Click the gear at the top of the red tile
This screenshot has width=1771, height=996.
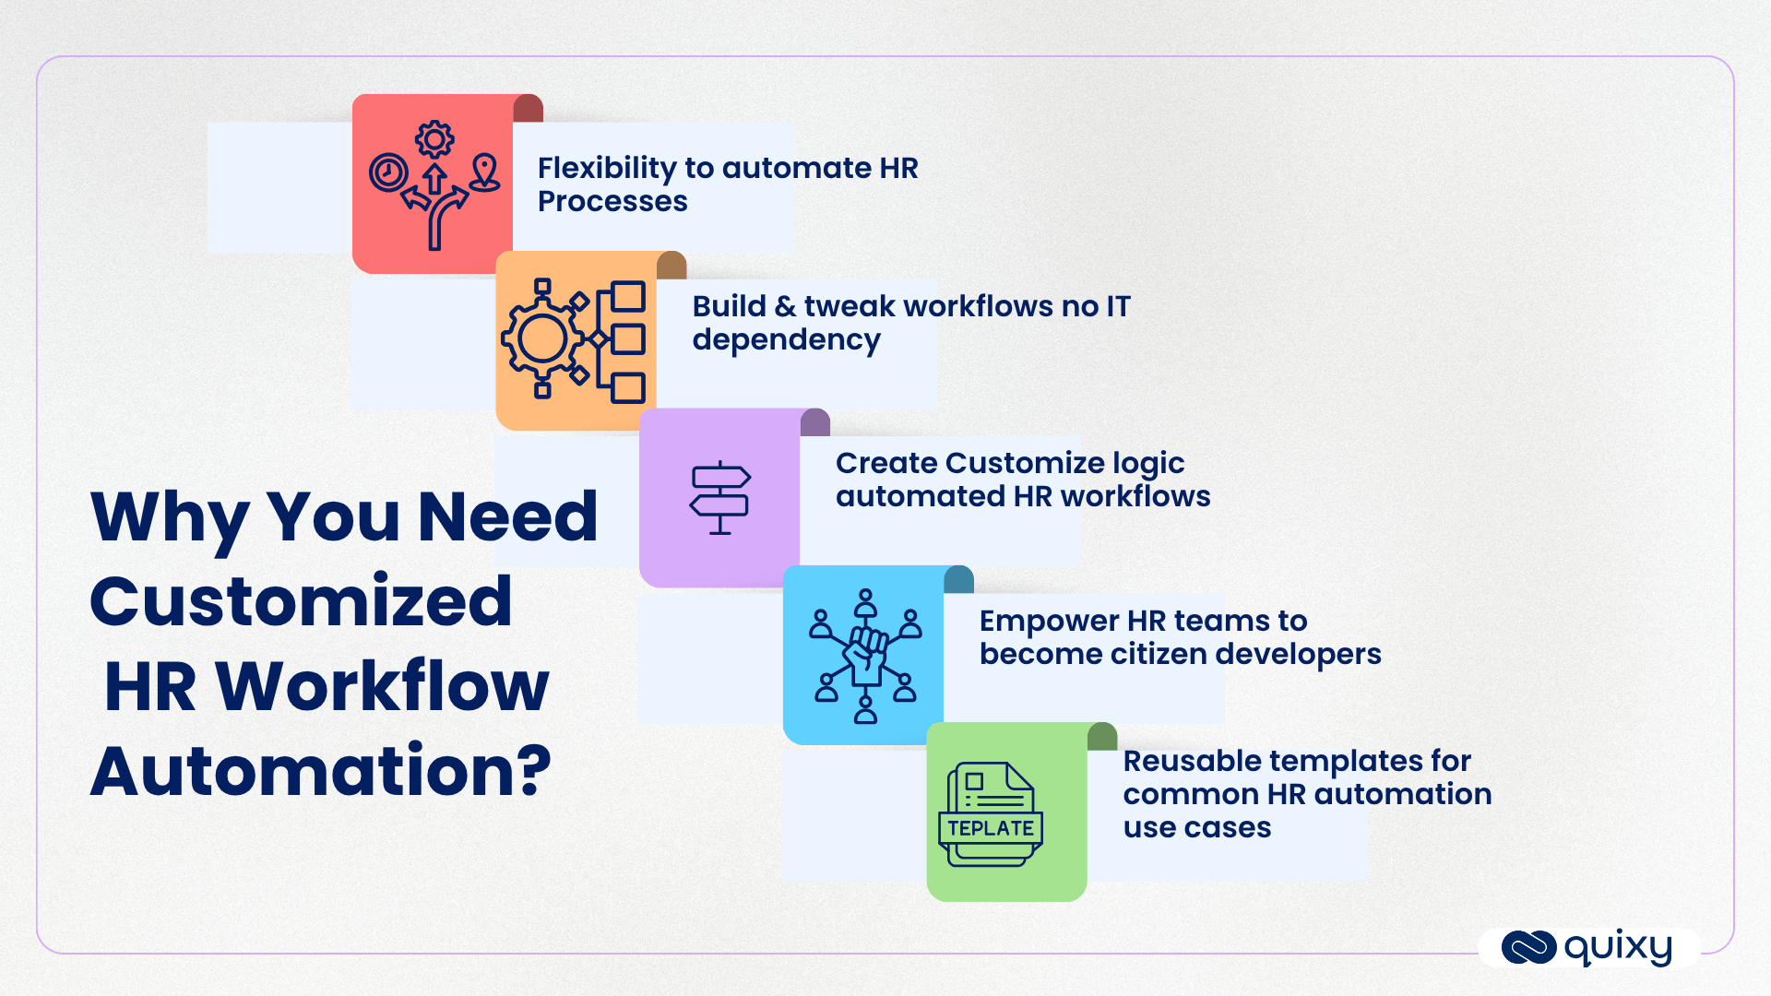coord(434,140)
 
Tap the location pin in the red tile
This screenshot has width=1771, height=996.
coord(485,172)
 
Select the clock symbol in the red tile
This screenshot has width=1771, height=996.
coord(388,172)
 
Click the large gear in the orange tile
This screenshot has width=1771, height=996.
coord(542,339)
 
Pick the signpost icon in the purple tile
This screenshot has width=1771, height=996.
coord(720,498)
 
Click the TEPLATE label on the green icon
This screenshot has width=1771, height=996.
coord(991,828)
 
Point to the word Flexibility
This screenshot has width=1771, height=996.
coord(607,169)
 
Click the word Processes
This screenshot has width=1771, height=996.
coord(612,202)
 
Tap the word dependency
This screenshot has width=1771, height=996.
coord(786,340)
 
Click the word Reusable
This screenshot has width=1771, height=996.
coord(1192,761)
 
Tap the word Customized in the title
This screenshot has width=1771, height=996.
coord(301,601)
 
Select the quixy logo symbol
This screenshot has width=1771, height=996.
coord(1528,947)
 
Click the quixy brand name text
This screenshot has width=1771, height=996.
coord(1618,947)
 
